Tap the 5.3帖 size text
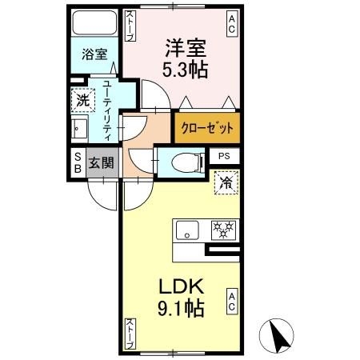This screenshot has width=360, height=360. pos(187,70)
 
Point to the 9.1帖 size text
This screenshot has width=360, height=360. pos(189,307)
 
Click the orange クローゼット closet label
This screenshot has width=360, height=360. pos(206,128)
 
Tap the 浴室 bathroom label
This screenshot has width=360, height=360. pos(95,55)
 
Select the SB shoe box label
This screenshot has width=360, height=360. pos(78,162)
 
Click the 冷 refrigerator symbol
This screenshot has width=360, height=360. pos(226,183)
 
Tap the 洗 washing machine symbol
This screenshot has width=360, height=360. pos(82,101)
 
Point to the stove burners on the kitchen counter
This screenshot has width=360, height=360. pos(221,230)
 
